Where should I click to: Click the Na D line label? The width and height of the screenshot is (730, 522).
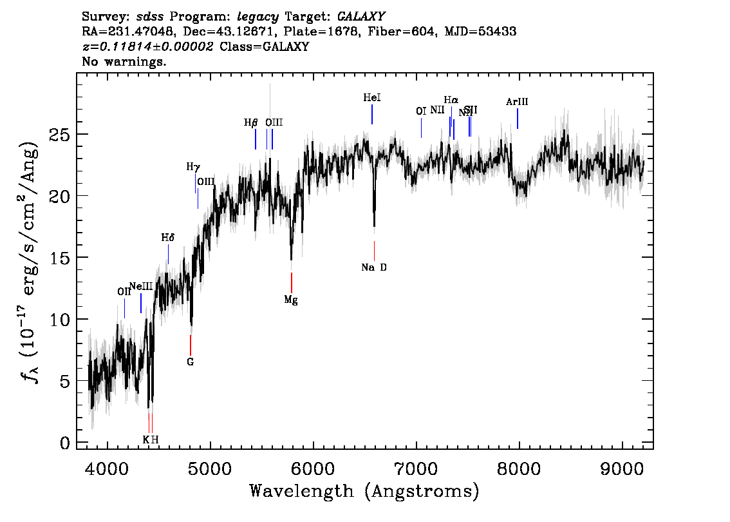374,267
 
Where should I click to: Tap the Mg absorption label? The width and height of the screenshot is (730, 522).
291,300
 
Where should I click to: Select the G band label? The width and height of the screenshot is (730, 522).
191,362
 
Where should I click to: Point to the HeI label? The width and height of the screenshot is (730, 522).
372,98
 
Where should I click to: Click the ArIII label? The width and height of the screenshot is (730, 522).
517,102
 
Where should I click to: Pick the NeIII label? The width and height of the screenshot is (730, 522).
141,287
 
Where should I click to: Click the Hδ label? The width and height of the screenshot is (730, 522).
168,238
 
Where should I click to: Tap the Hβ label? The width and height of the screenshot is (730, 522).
251,122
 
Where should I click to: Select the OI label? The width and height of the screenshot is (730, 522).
421,111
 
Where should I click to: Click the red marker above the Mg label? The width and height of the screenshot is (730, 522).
292,282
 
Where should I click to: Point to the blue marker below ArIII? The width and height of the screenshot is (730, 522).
518,119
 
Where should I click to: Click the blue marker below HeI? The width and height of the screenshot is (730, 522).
372,114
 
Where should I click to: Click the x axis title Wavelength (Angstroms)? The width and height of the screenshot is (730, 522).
364,492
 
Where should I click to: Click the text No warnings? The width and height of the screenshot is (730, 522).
125,62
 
